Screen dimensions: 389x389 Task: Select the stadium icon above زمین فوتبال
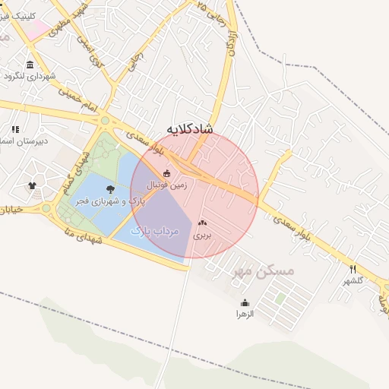[167, 174]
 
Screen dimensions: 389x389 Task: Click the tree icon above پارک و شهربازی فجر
[110, 190]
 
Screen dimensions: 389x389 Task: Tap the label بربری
[201, 236]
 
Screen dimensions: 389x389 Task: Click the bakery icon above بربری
[202, 223]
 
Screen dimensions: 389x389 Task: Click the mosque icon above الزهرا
[245, 302]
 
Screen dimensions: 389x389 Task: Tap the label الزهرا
[245, 314]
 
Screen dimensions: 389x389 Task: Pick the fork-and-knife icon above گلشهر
[353, 269]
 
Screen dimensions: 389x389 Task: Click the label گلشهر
[354, 280]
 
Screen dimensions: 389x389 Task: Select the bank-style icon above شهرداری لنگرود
[30, 65]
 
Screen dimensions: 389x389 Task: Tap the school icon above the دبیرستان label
[14, 130]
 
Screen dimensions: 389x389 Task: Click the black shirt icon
[32, 185]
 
